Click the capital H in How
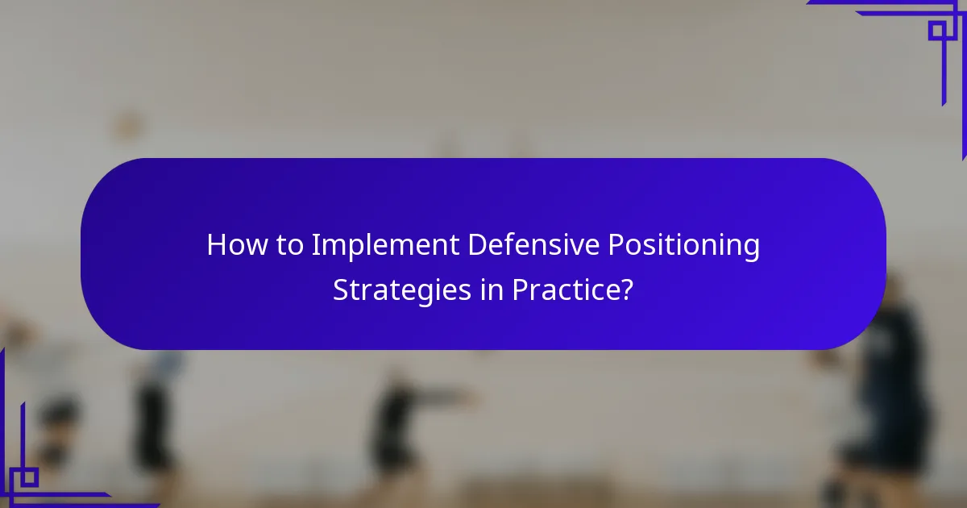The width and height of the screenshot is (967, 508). pyautogui.click(x=215, y=245)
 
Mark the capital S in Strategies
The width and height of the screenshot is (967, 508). pyautogui.click(x=341, y=289)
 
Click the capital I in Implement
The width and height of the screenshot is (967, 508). pyautogui.click(x=315, y=245)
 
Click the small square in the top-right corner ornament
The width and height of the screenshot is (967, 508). pyautogui.click(x=936, y=30)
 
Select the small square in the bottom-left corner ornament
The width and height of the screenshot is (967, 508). pyautogui.click(x=29, y=477)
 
